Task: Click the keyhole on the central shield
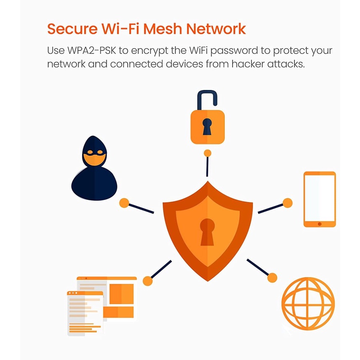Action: tap(207, 232)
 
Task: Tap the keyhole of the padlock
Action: tap(207, 126)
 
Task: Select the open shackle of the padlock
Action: tap(207, 100)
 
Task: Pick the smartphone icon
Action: tap(319, 199)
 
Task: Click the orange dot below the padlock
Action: tap(207, 153)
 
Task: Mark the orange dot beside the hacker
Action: tap(124, 203)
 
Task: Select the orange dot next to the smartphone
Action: tap(288, 203)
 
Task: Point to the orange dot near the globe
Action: tap(272, 278)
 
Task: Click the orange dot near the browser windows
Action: tap(148, 281)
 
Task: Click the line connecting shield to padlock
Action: tap(207, 167)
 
